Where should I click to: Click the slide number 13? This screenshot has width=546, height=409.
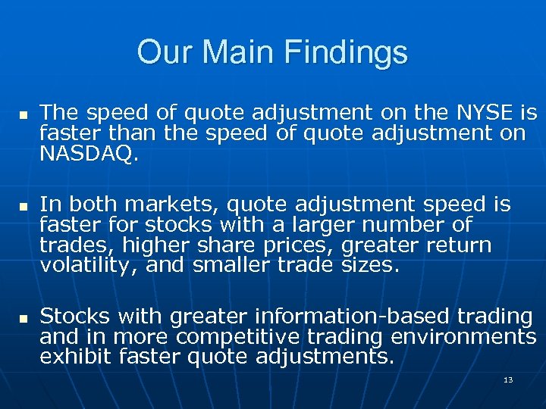[x=508, y=379]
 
